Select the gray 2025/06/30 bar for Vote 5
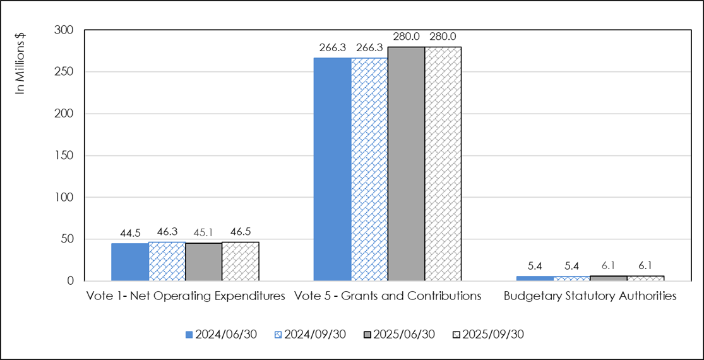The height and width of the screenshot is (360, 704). pyautogui.click(x=406, y=164)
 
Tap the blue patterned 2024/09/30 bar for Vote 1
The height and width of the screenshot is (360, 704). pyautogui.click(x=167, y=261)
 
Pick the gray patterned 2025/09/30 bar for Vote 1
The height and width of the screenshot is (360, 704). pyautogui.click(x=241, y=261)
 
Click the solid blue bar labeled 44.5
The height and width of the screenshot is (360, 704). pyautogui.click(x=130, y=262)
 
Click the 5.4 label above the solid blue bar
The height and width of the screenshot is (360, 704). pyautogui.click(x=534, y=267)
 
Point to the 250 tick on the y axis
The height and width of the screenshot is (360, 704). pyautogui.click(x=65, y=72)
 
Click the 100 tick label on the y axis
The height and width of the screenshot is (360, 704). pyautogui.click(x=65, y=197)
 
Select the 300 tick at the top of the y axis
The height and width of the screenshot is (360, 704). pyautogui.click(x=65, y=30)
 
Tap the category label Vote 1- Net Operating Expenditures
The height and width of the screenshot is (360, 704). pyautogui.click(x=185, y=296)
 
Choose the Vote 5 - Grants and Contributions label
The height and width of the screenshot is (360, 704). pyautogui.click(x=387, y=296)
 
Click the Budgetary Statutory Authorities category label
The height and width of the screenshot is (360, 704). pyautogui.click(x=590, y=296)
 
